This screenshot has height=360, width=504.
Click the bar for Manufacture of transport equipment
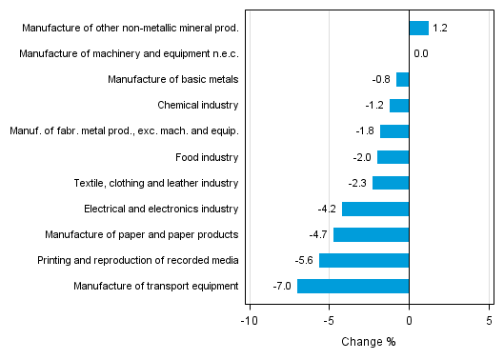click(353, 286)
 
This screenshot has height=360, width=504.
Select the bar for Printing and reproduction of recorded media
click(364, 260)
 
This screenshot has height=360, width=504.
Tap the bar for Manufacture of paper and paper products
click(371, 234)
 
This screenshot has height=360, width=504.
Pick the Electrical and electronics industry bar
click(375, 209)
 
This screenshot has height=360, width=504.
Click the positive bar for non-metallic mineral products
click(418, 28)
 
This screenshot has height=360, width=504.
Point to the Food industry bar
click(393, 157)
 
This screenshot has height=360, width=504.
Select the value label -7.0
click(283, 286)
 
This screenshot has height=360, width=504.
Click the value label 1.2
click(440, 28)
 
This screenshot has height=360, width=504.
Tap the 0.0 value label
click(420, 53)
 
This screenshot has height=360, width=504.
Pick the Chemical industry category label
click(197, 105)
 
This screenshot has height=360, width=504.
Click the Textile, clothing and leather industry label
click(156, 183)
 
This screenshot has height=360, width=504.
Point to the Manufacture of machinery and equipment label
click(129, 53)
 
